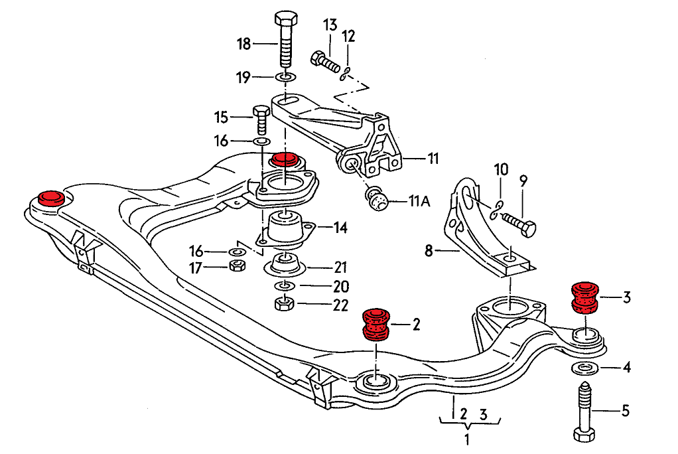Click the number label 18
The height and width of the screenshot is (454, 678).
pos(244,44)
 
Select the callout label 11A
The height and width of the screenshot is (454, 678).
pos(419,200)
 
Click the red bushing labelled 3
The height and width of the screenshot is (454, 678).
pos(585,297)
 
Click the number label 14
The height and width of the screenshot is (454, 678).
pos(340,228)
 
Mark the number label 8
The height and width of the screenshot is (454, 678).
pos(429,250)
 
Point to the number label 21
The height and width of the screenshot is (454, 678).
pos(340,268)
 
